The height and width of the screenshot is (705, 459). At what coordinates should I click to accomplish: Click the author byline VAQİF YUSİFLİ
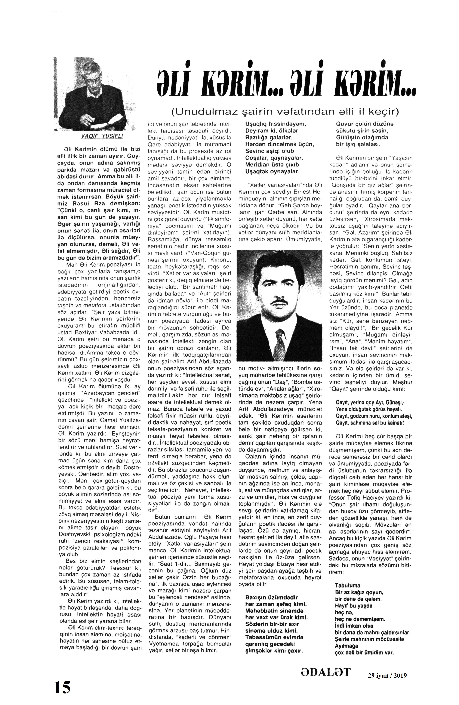pyautogui.click(x=94, y=136)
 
